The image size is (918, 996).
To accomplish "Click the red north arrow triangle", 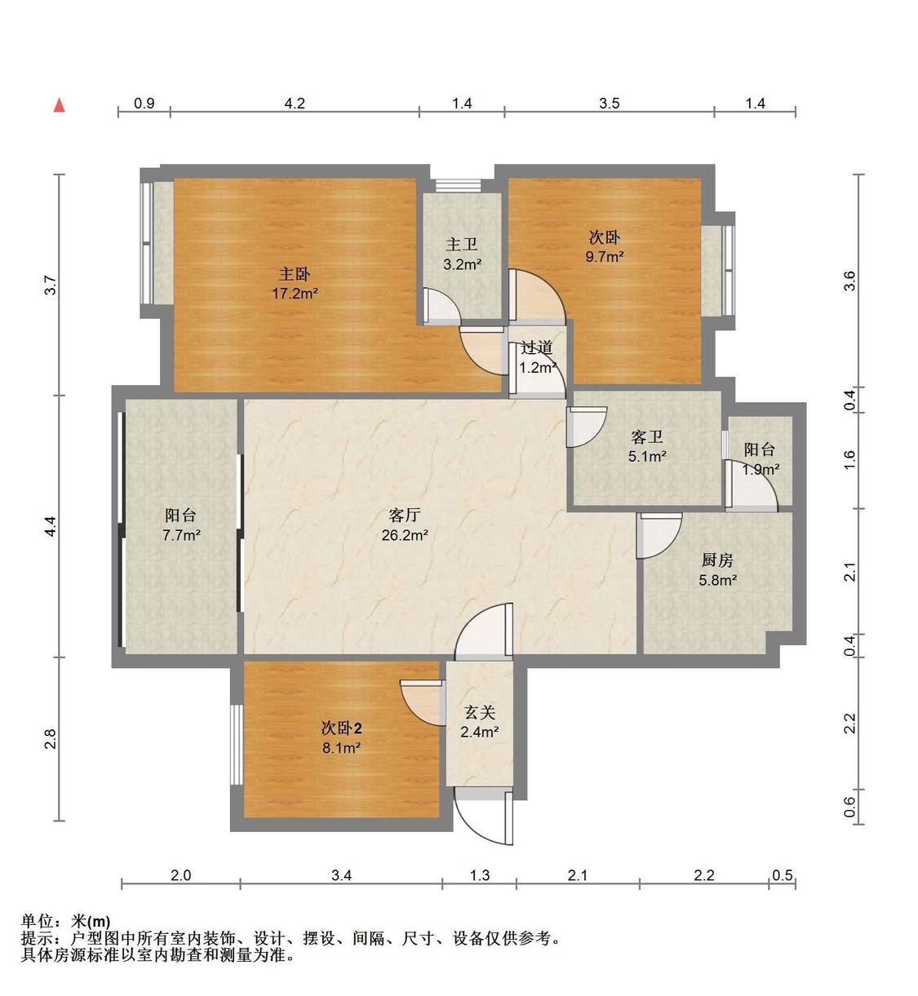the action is tap(60, 105).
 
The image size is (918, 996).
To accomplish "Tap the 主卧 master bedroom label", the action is tap(295, 274).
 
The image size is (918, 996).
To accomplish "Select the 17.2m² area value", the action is tap(295, 294).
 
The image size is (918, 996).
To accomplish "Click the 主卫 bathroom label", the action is tap(462, 244).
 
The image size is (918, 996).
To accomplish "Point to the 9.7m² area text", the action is tap(605, 257).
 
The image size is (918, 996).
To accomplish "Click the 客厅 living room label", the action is tap(405, 516).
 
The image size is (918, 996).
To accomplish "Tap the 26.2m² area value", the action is tap(405, 535).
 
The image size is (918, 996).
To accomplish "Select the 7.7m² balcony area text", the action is tap(181, 535).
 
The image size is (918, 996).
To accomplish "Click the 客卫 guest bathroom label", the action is tap(647, 437).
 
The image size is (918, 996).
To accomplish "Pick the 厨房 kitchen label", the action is tap(717, 560).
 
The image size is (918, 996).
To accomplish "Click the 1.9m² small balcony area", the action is tap(761, 469).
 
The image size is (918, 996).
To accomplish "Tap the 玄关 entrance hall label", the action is tap(479, 713).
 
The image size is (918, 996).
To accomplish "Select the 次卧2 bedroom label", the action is tap(341, 728).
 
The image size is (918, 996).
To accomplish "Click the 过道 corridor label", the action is tap(536, 347).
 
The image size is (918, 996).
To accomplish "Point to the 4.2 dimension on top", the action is tap(294, 104).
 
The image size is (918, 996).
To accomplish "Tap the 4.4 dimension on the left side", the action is tap(51, 526).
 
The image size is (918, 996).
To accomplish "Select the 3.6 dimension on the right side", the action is tap(850, 281).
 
